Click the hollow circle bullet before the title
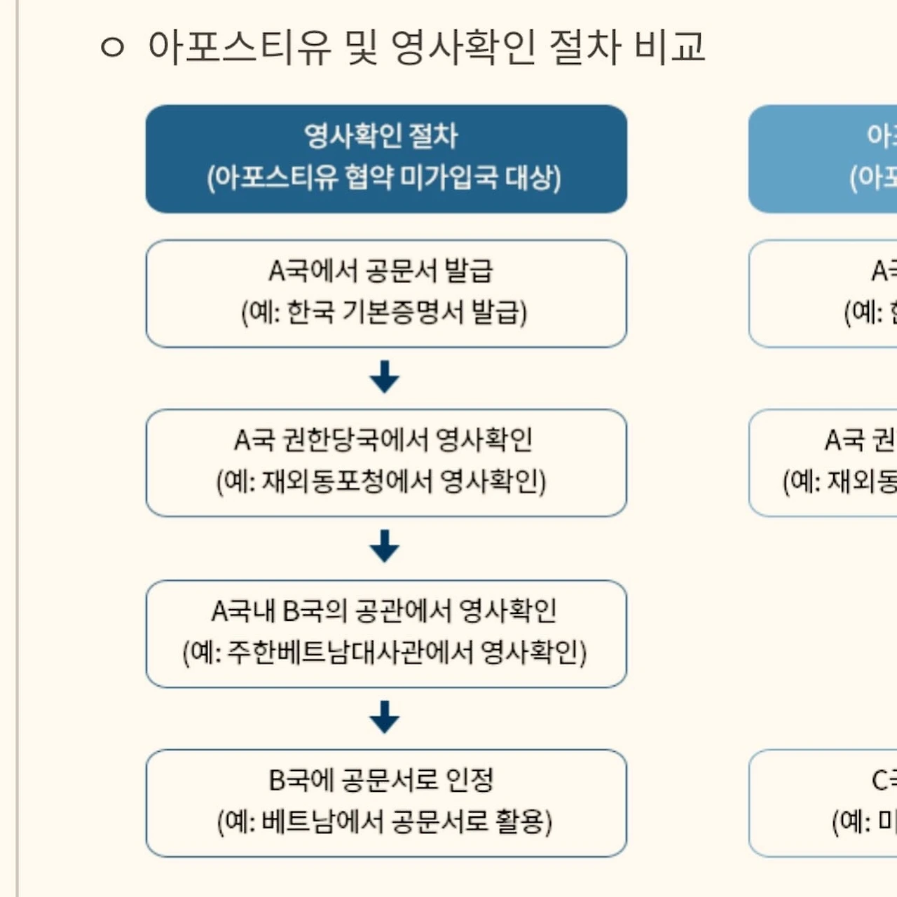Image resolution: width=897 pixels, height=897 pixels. pyautogui.click(x=112, y=48)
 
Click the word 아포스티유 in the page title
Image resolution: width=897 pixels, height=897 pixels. pyautogui.click(x=239, y=48)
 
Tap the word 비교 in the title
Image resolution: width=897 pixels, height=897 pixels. pyautogui.click(x=669, y=48)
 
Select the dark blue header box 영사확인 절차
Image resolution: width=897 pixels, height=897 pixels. pyautogui.click(x=386, y=159)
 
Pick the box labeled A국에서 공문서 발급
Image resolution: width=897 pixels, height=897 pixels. pyautogui.click(x=386, y=294)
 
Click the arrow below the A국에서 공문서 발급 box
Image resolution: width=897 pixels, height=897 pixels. pyautogui.click(x=385, y=377)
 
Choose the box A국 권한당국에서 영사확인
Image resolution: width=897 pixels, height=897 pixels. pyautogui.click(x=386, y=463)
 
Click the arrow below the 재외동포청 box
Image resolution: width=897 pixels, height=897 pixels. pyautogui.click(x=385, y=547)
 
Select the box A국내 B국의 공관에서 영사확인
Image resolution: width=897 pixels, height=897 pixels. pyautogui.click(x=386, y=634)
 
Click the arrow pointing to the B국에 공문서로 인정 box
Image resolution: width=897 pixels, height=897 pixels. pyautogui.click(x=385, y=717)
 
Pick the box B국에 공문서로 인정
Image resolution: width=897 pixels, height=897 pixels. pyautogui.click(x=386, y=803)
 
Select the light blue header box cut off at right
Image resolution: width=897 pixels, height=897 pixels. pyautogui.click(x=823, y=159)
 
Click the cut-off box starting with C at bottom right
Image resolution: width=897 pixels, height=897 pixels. pyautogui.click(x=823, y=803)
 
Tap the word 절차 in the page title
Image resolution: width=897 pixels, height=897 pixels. pyautogui.click(x=585, y=48)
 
